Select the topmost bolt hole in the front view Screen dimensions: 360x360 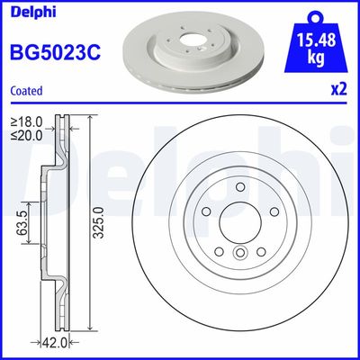click(240, 188)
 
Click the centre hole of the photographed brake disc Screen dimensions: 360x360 click(191, 40)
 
